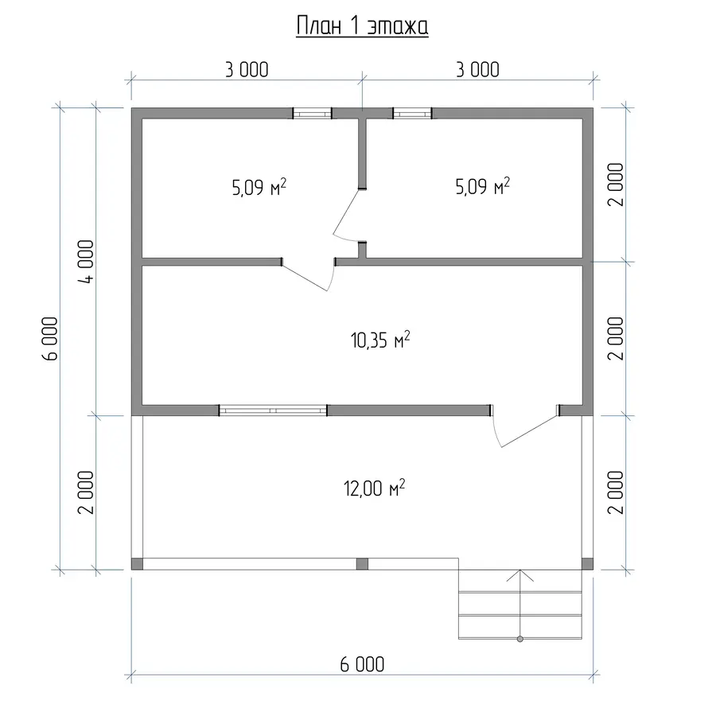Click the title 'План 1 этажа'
tap(362, 26)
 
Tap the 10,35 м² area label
tap(380, 340)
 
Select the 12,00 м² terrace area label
tap(375, 488)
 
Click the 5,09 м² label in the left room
tap(259, 187)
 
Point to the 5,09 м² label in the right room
tap(483, 186)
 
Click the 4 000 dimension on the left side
tap(86, 262)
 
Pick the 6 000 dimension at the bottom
tap(362, 665)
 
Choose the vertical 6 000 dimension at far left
tap(50, 339)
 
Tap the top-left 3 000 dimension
tap(247, 70)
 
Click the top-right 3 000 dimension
tap(477, 70)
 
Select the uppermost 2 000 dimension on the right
tap(616, 185)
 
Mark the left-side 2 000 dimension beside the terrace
tap(86, 492)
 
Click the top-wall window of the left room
tap(313, 113)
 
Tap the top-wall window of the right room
tap(412, 113)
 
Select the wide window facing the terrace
tap(273, 411)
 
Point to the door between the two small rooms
tap(348, 215)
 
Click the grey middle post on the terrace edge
tap(362, 563)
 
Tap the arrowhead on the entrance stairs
tap(520, 575)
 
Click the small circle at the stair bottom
tap(520, 639)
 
